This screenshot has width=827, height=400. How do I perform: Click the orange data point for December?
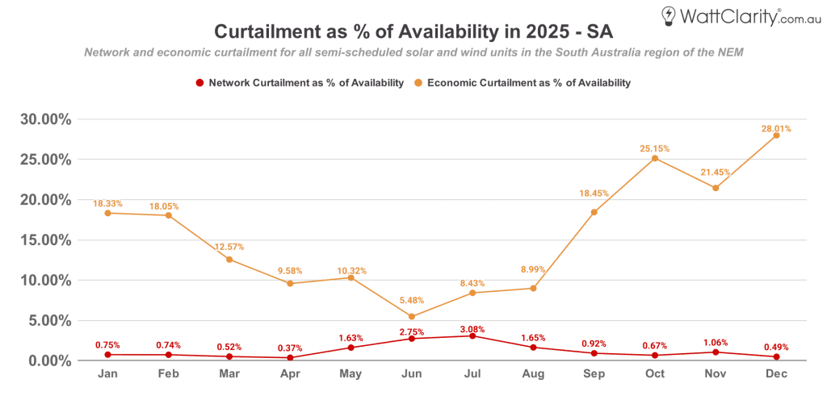point(776,135)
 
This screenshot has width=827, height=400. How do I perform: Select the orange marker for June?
point(411,317)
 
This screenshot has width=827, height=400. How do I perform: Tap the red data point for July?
point(472,335)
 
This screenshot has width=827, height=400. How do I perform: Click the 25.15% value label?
point(654,148)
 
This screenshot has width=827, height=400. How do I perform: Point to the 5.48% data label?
point(411,300)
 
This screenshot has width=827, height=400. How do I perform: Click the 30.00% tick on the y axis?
point(45,119)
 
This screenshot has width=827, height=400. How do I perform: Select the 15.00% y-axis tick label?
point(45,240)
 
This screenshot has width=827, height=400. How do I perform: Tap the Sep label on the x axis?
point(594,375)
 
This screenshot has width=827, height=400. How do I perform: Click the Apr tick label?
point(290,375)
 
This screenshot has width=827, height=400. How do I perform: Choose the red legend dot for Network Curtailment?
point(199,82)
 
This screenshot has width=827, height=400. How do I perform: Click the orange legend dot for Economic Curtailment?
point(418,82)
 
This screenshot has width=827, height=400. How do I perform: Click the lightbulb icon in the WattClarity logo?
point(669,15)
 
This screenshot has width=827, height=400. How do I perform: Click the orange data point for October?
point(654,158)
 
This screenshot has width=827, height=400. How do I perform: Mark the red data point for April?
point(290,357)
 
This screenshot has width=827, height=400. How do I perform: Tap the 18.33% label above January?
point(107,204)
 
